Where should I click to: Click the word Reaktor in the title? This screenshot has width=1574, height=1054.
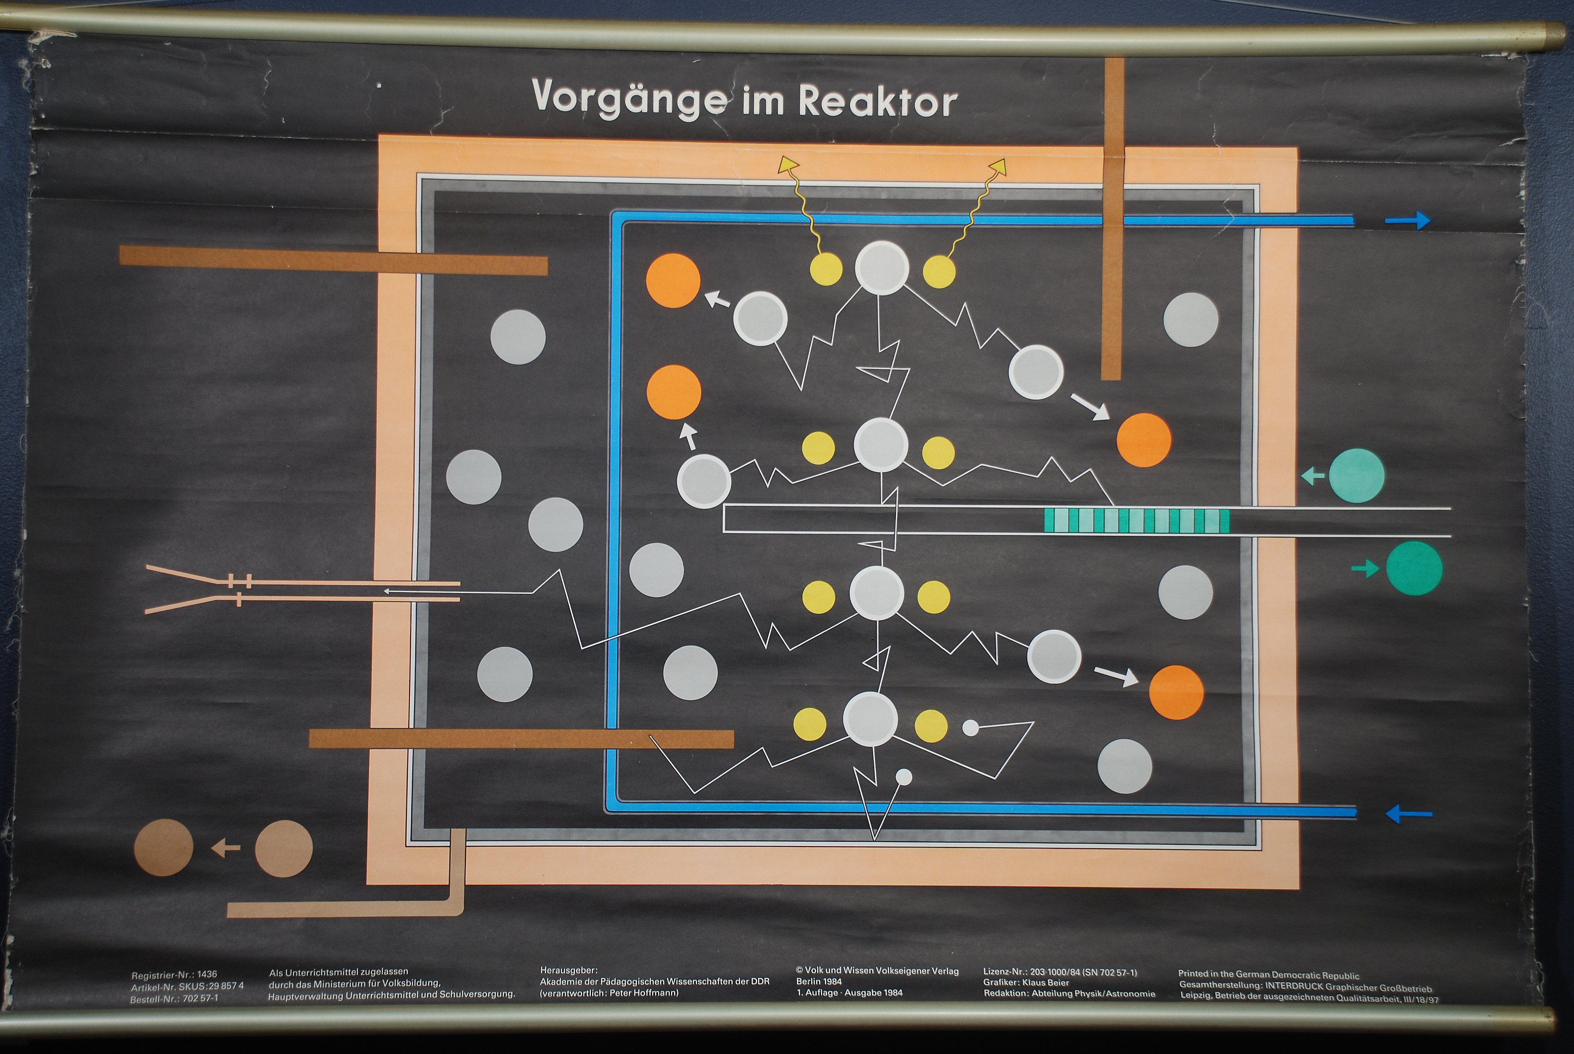point(877,102)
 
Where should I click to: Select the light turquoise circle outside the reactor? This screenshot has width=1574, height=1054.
point(1356,475)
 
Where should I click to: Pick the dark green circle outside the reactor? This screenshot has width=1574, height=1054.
point(1414,569)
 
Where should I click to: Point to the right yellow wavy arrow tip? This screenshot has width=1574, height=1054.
point(998,166)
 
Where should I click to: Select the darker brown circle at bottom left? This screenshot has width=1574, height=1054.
point(163,847)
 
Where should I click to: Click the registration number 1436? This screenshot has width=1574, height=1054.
point(207,974)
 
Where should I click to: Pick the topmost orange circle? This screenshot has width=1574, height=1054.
point(673,280)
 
